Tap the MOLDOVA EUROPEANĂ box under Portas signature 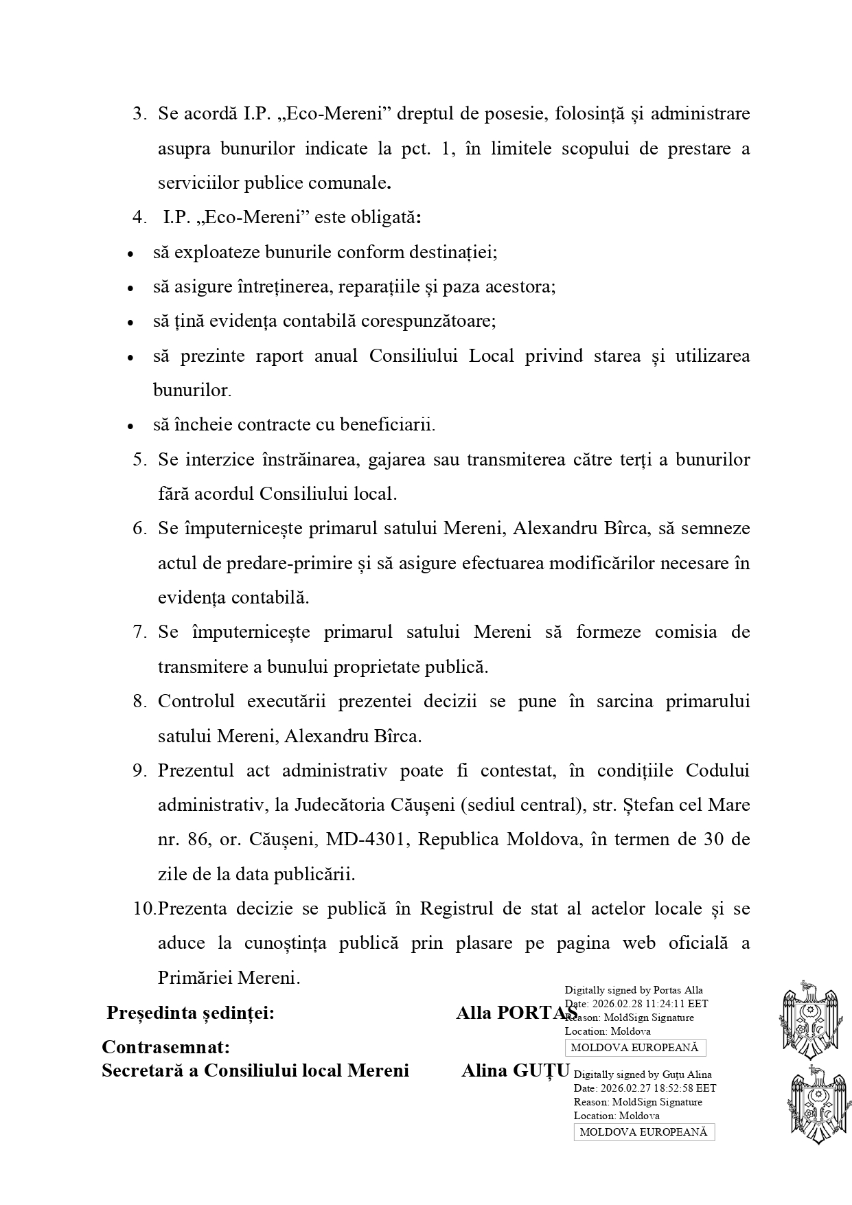634,1048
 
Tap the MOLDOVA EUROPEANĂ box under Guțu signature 643,1132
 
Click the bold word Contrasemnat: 165,1047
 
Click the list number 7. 139,632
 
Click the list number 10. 143,908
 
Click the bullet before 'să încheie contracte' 130,426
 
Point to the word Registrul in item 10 457,908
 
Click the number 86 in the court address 196,840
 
